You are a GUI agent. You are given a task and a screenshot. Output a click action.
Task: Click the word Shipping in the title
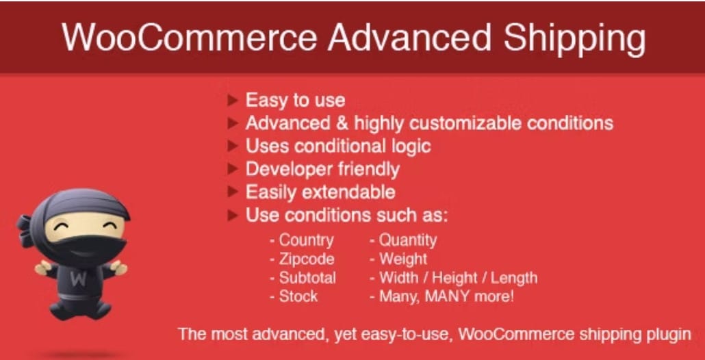pyautogui.click(x=574, y=38)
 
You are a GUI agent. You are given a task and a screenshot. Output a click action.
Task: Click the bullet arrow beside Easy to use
pyautogui.click(x=233, y=100)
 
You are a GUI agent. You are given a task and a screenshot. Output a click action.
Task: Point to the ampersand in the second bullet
pyautogui.click(x=342, y=123)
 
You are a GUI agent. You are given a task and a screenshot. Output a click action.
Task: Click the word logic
pyautogui.click(x=409, y=146)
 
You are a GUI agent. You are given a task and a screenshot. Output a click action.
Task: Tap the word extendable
pyautogui.click(x=348, y=192)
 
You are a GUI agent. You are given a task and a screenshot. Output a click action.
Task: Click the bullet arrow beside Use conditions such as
pyautogui.click(x=233, y=216)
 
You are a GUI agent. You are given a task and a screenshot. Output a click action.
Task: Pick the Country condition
pyautogui.click(x=306, y=240)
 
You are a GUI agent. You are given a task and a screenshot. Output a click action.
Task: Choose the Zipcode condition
pyautogui.click(x=307, y=259)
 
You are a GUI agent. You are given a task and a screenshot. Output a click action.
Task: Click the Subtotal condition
pyautogui.click(x=307, y=278)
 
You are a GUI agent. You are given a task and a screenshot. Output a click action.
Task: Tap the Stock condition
pyautogui.click(x=298, y=296)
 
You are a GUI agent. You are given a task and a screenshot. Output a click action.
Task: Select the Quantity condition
pyautogui.click(x=408, y=240)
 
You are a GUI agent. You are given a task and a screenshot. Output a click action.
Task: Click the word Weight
pyautogui.click(x=403, y=259)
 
